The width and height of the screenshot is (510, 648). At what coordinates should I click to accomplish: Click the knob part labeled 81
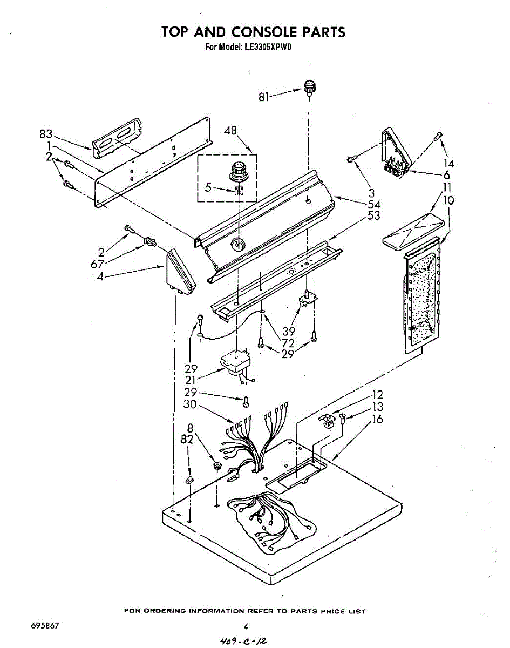point(309,87)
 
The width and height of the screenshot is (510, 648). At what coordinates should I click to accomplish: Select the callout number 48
point(231,130)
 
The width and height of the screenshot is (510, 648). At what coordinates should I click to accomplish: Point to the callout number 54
point(374,205)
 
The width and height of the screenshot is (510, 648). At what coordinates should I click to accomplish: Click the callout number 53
point(374,216)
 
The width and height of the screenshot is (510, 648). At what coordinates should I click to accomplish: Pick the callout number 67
point(97,264)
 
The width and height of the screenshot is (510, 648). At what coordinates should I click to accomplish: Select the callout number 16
point(378,418)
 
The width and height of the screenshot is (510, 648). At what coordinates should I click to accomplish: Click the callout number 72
point(288,343)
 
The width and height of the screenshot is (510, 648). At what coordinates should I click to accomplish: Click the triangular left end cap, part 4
point(180,274)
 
